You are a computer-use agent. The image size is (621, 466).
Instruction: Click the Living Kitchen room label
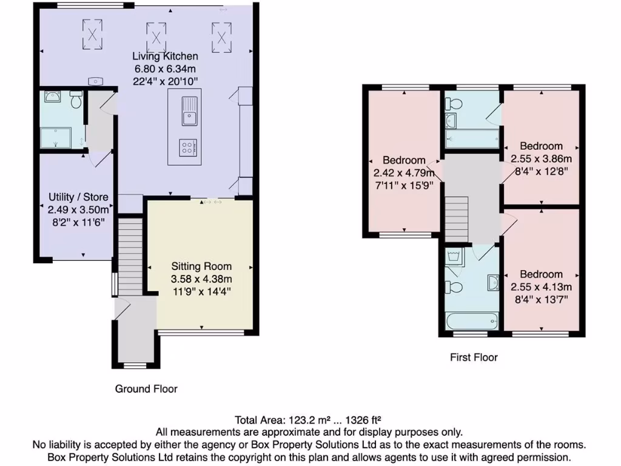[x=166, y=56]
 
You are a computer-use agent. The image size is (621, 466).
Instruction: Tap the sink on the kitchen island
[x=189, y=112]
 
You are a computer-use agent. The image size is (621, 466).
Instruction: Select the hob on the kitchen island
[x=188, y=147]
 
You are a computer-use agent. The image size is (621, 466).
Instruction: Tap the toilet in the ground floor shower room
[x=76, y=100]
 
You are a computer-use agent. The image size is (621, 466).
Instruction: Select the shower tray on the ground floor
[x=63, y=137]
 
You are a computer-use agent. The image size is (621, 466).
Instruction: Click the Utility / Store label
[x=78, y=197]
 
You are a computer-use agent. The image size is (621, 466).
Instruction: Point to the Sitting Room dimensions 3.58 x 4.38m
[x=201, y=279]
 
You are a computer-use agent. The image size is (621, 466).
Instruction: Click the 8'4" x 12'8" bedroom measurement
[x=541, y=171]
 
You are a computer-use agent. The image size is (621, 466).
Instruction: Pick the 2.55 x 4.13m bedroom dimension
[x=541, y=287]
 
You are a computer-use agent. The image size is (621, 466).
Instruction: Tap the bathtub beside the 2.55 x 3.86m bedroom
[x=472, y=140]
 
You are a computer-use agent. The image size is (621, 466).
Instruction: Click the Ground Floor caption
[x=146, y=388]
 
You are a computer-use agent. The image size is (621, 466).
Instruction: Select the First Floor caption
[x=474, y=357]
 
